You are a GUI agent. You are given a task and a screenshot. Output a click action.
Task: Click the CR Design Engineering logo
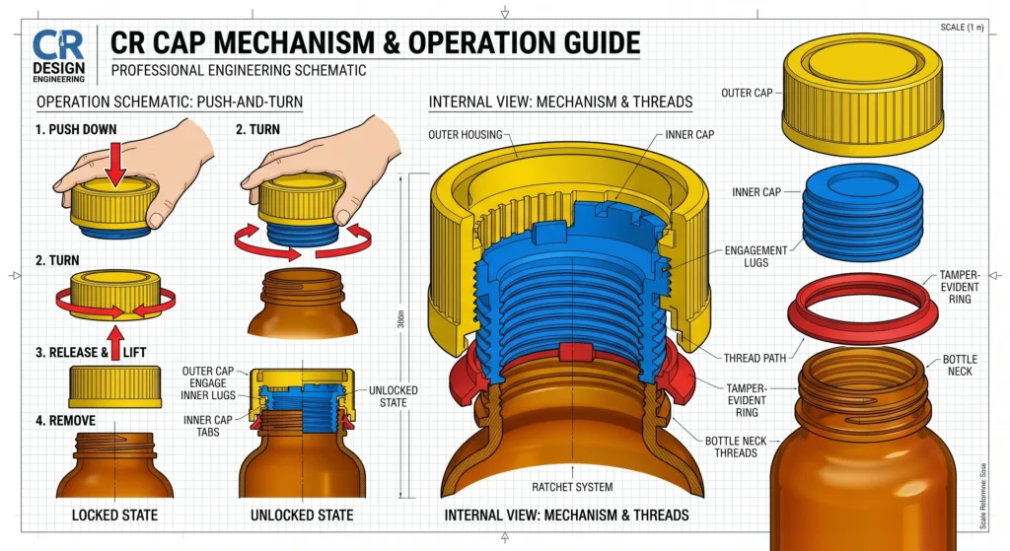pyautogui.click(x=58, y=55)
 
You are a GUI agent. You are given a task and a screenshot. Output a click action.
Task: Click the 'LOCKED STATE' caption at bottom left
pyautogui.click(x=116, y=515)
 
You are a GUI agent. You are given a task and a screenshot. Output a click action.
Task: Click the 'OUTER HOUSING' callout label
pyautogui.click(x=466, y=134)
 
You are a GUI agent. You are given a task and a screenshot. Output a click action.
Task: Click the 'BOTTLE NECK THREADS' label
pyautogui.click(x=731, y=447)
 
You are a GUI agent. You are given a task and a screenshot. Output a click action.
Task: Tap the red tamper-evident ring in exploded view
pyautogui.click(x=863, y=305)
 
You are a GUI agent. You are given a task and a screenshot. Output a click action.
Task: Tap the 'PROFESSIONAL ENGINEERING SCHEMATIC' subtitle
pyautogui.click(x=239, y=71)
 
